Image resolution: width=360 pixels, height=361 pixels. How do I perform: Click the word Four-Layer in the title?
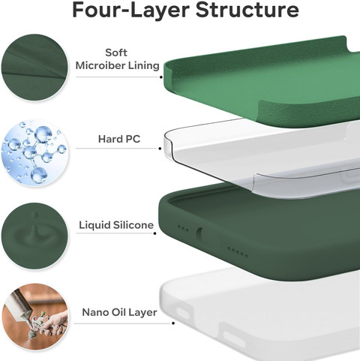click(130, 10)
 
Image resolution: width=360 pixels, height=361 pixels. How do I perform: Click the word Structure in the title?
click(247, 10)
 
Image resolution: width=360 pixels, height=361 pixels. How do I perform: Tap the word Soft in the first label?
click(116, 53)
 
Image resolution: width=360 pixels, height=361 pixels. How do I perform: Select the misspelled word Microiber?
click(100, 65)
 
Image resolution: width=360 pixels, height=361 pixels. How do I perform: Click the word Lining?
click(144, 66)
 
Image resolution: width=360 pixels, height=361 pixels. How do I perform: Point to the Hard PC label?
click(119, 139)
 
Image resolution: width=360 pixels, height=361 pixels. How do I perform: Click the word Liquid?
click(94, 225)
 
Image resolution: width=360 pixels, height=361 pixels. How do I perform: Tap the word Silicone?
click(133, 225)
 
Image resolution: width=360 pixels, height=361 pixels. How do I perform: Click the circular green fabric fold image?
click(34, 68)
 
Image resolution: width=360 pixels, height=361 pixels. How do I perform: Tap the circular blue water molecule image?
click(34, 153)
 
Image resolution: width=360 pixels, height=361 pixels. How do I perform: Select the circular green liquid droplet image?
click(34, 236)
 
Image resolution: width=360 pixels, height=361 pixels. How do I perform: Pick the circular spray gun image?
click(35, 317)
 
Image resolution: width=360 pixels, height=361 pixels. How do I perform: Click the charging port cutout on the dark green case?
click(199, 234)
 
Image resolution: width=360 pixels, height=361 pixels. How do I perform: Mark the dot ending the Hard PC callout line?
click(160, 149)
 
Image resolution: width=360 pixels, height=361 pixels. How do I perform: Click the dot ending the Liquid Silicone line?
click(155, 233)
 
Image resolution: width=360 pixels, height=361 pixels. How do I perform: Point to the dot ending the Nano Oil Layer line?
click(173, 323)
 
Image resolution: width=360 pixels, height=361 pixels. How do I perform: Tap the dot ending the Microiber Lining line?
click(160, 77)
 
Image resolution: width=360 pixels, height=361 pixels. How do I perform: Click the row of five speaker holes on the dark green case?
click(238, 252)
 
